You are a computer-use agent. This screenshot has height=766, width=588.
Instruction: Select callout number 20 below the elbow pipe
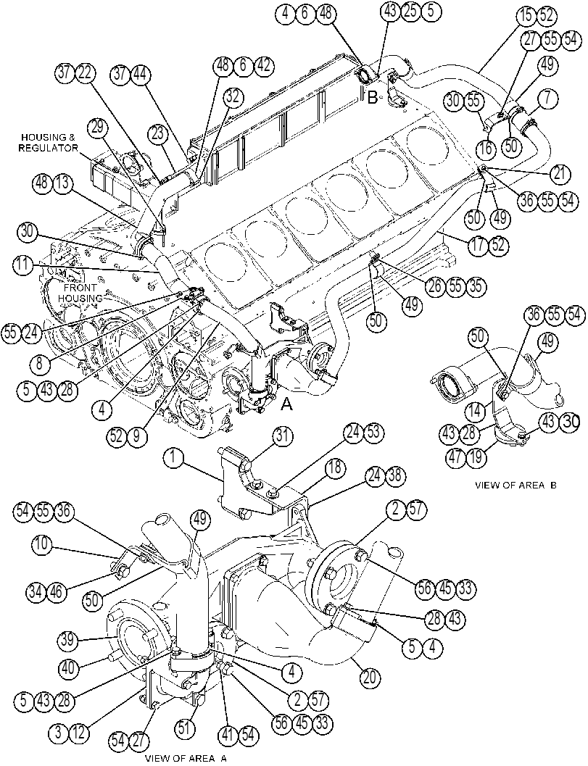(x=370, y=678)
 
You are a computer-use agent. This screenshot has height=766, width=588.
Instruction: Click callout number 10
(x=43, y=544)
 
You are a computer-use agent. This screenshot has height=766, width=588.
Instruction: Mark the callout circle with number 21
(x=558, y=173)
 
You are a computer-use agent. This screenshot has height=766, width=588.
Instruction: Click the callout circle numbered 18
(x=334, y=467)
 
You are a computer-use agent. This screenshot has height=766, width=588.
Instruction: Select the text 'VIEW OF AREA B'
(x=515, y=486)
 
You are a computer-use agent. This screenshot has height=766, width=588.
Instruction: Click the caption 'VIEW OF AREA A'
(x=186, y=759)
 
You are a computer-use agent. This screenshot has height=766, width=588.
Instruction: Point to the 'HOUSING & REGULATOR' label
(x=49, y=143)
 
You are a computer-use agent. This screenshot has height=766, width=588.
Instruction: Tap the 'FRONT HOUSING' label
(x=82, y=293)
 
